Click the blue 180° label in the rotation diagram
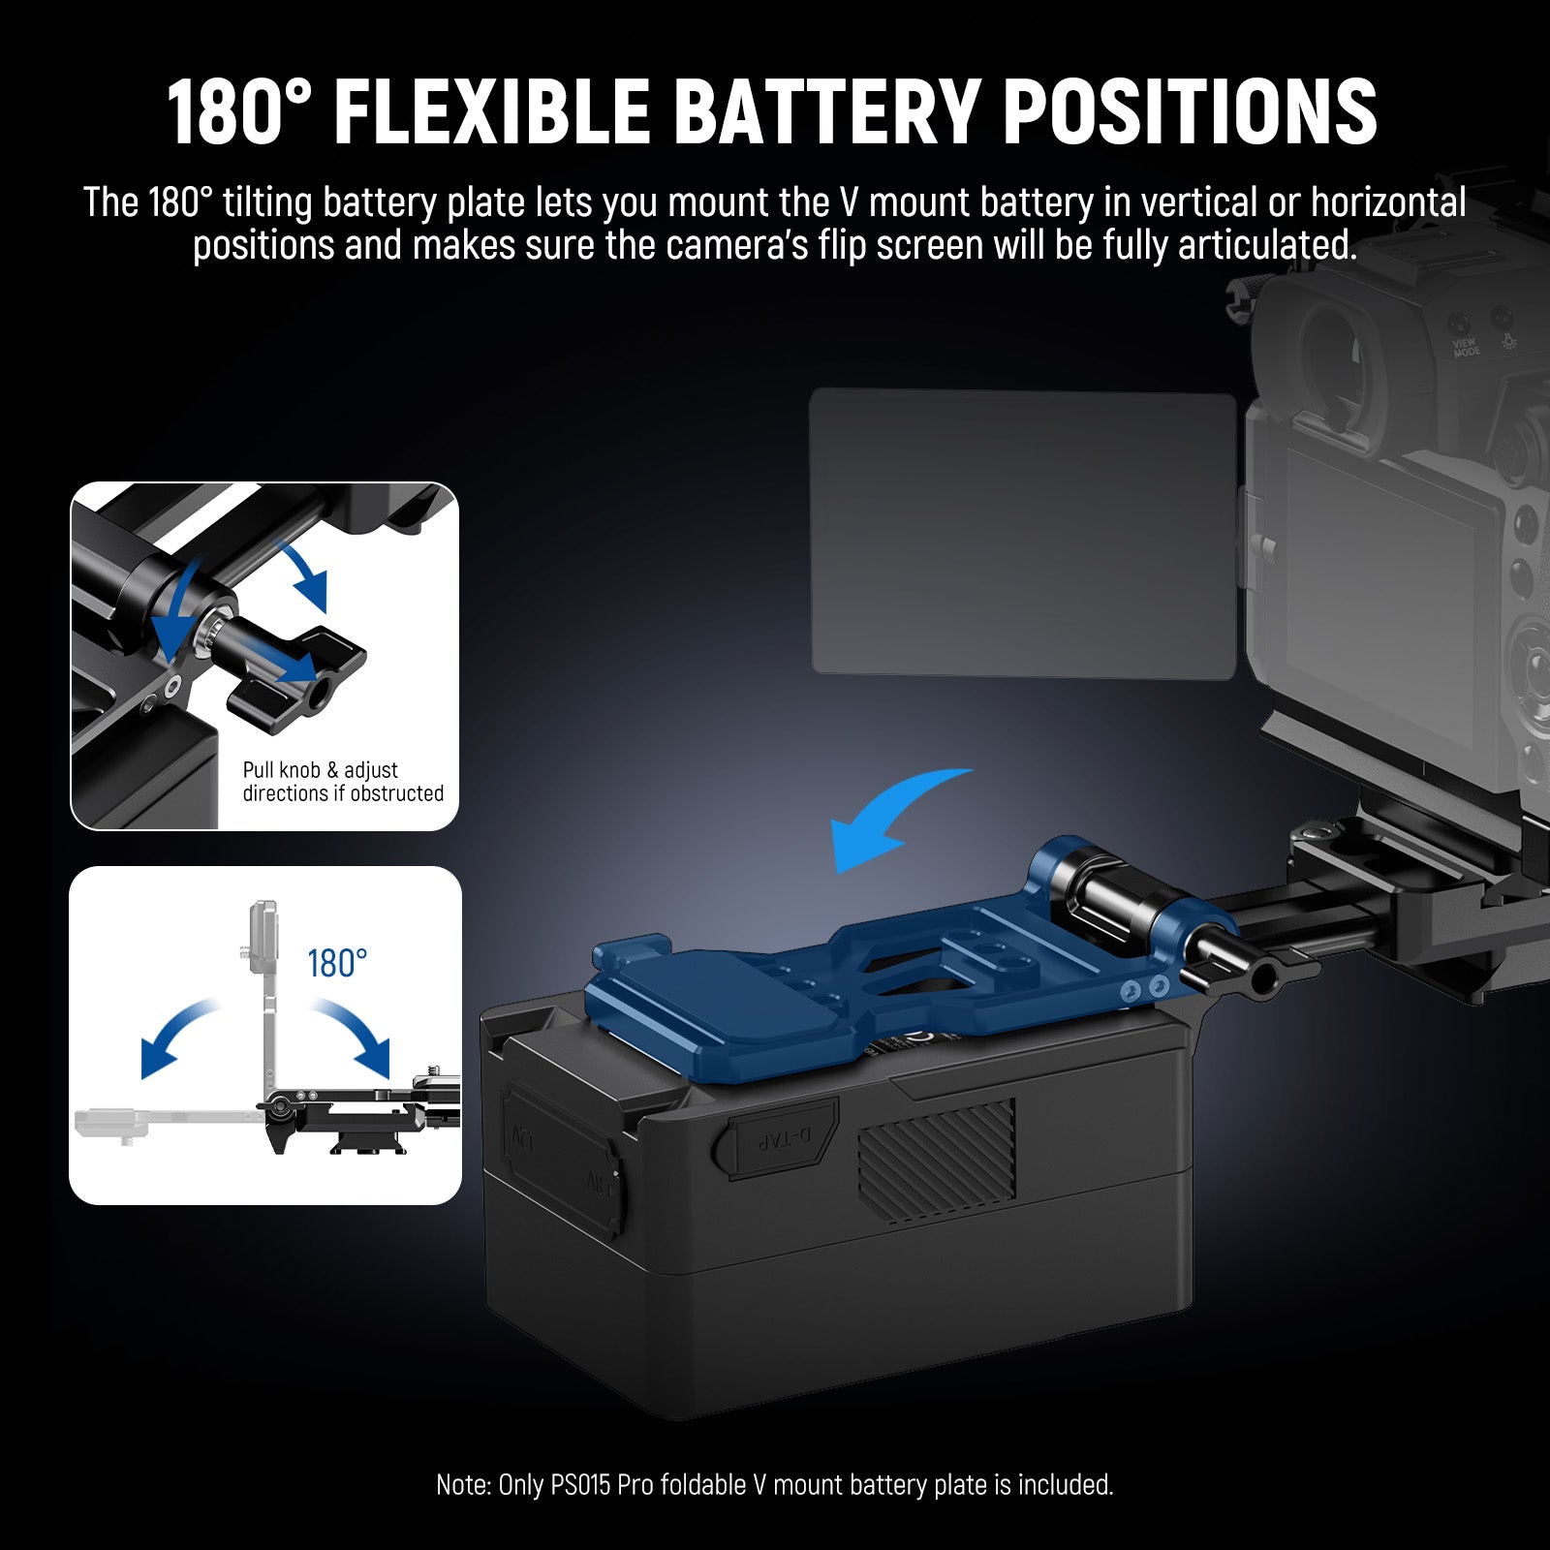point(337,964)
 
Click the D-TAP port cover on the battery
point(780,1139)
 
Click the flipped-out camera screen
point(1022,533)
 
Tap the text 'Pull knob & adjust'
point(320,770)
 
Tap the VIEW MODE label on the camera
point(1466,348)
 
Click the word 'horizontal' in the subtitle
point(1387,203)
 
